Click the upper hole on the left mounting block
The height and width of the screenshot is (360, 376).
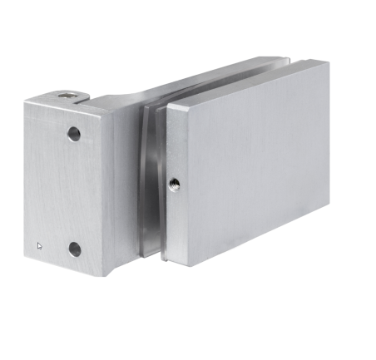pyautogui.click(x=74, y=133)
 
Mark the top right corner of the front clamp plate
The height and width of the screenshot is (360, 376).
pyautogui.click(x=327, y=63)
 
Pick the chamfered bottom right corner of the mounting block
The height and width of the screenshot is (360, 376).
pyautogui.click(x=101, y=272)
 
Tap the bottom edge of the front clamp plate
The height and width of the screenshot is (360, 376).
pyautogui.click(x=250, y=253)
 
